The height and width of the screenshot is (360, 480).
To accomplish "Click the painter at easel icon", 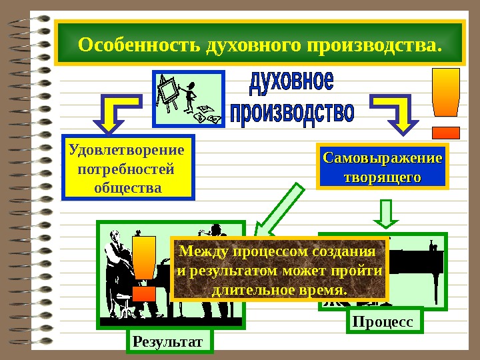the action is pos(188,98).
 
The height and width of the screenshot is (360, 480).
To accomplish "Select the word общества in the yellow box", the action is pos(127,187).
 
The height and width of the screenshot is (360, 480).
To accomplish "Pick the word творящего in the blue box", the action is pos(382,177).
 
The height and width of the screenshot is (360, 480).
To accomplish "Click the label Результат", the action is pos(168,341).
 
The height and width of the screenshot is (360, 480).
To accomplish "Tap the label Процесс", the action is pos(385,321).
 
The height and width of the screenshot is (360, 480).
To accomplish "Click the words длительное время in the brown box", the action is pos(279,291).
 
